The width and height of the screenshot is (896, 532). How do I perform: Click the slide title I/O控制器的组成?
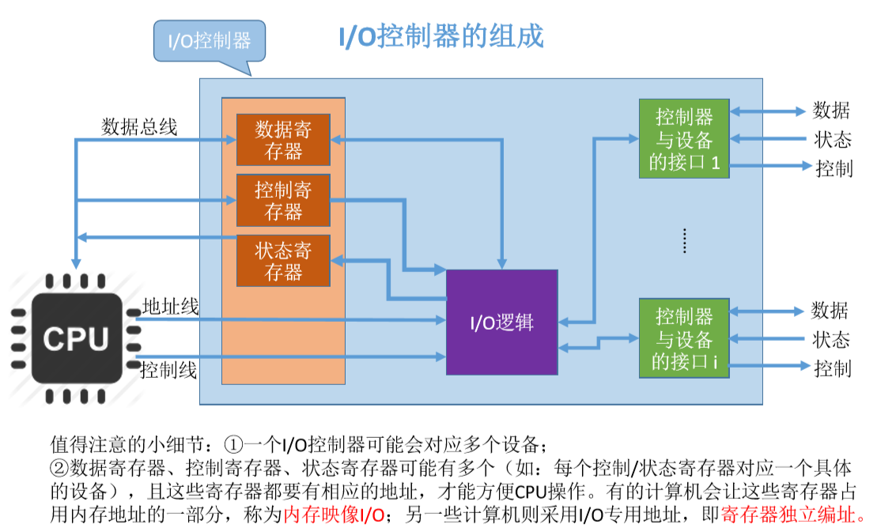[x=440, y=36]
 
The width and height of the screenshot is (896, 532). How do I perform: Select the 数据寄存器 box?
[x=283, y=140]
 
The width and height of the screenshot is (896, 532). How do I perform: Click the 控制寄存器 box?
[x=283, y=200]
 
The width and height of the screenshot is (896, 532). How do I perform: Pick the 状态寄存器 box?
[x=283, y=261]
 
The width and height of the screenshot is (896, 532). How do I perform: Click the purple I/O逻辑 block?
[x=501, y=322]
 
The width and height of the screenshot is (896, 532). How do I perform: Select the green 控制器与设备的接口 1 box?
[x=684, y=139]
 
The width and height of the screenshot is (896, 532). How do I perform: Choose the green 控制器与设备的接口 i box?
[x=684, y=338]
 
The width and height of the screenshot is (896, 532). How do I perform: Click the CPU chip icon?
[x=76, y=338]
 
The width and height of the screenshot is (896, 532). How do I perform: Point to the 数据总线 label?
[x=139, y=126]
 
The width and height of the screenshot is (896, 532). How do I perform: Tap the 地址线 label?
[x=170, y=307]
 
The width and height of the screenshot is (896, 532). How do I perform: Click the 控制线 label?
[x=168, y=370]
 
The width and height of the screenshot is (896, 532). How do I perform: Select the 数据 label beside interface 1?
[x=831, y=111]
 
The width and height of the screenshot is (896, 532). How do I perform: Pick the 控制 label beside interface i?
[x=832, y=368]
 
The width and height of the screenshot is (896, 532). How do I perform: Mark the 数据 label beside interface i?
[x=830, y=310]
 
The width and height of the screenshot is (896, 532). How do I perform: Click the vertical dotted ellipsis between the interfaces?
[x=685, y=240]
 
